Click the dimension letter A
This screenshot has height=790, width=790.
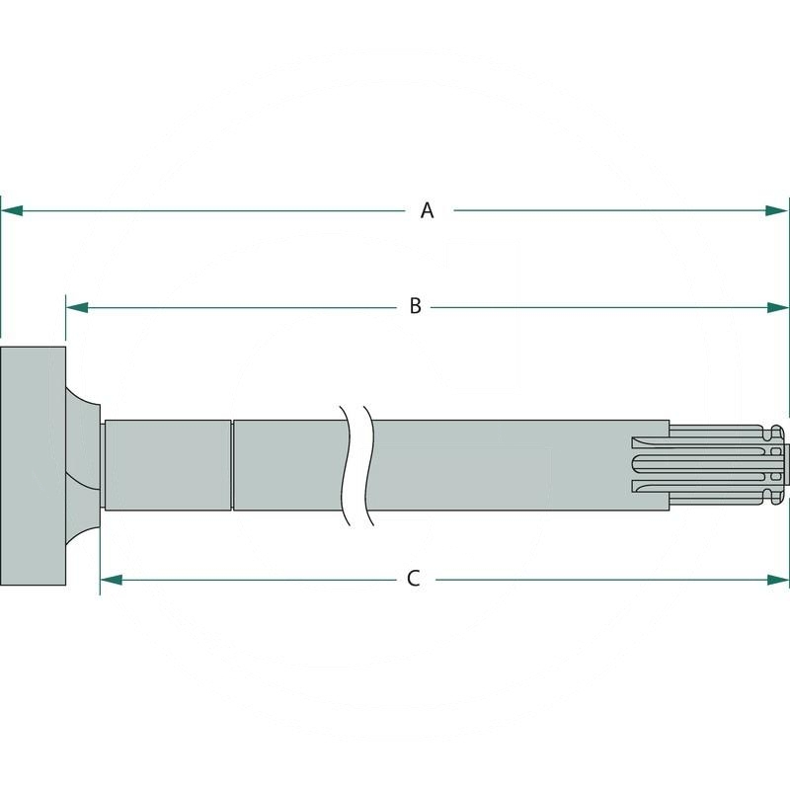(x=427, y=210)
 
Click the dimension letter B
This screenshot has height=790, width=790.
(x=416, y=307)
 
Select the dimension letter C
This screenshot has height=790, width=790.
(x=414, y=579)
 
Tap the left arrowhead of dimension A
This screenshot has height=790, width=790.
(x=10, y=210)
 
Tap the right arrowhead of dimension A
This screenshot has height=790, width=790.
(x=780, y=210)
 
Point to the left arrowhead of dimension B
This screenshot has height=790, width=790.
(x=75, y=307)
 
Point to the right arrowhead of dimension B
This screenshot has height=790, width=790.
(x=780, y=307)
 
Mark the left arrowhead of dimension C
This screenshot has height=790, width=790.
(x=110, y=580)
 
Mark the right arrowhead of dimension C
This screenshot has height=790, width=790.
(x=780, y=580)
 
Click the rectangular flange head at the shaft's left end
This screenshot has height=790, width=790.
(x=33, y=464)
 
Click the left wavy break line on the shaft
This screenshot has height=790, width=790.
(x=344, y=464)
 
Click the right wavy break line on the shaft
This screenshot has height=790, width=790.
(x=367, y=464)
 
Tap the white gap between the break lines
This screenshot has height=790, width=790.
(x=355, y=464)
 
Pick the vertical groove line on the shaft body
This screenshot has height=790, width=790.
(x=232, y=464)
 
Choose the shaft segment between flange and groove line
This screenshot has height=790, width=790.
(x=168, y=464)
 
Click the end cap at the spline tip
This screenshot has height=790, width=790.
(x=778, y=464)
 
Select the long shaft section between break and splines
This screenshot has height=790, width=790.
(x=494, y=464)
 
